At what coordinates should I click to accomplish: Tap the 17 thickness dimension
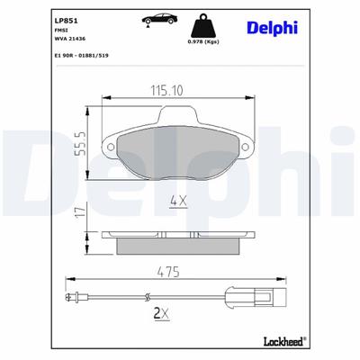tap(80, 212)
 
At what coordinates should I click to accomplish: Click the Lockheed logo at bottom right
tap(280, 340)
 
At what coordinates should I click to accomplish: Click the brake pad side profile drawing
tap(177, 240)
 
